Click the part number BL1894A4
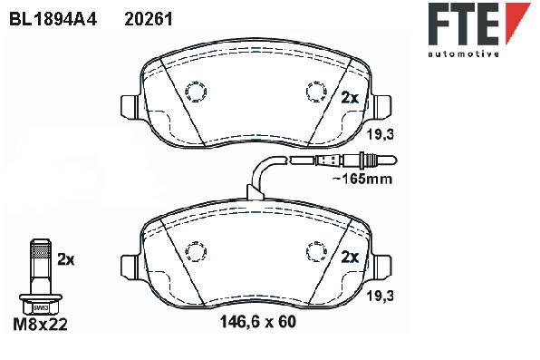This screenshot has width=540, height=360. [53, 19]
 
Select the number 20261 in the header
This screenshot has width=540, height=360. [149, 19]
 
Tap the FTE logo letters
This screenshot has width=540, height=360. [464, 24]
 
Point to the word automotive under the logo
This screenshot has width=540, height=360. [464, 54]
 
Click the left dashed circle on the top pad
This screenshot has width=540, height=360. [196, 92]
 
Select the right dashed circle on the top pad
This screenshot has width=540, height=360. [316, 92]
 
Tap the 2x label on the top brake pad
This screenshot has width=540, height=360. [350, 98]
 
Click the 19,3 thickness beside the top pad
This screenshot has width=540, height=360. [380, 134]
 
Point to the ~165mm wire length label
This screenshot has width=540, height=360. [362, 179]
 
